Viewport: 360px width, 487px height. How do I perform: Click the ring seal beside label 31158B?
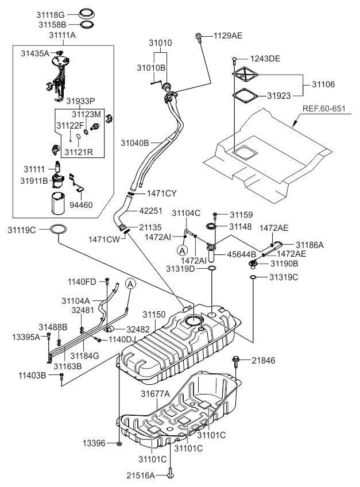86,25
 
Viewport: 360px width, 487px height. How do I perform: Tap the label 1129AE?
228,36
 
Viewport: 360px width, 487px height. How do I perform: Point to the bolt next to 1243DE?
235,60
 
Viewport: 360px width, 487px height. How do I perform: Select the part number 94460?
80,204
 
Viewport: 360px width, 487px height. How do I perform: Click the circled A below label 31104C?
182,250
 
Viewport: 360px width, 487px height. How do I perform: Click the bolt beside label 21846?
237,361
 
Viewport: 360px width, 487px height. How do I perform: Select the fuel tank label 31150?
154,315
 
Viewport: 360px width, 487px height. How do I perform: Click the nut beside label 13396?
118,443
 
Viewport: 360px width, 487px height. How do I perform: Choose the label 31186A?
310,245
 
